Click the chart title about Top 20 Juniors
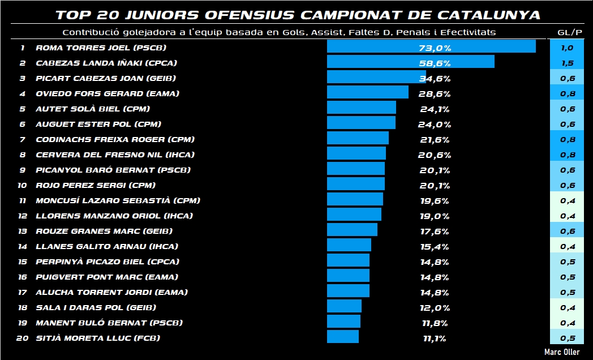(x=298, y=14)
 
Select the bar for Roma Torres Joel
(x=431, y=46)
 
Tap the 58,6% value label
(x=435, y=63)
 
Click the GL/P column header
(x=566, y=32)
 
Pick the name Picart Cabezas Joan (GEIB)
(x=105, y=79)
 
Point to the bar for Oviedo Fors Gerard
(x=367, y=92)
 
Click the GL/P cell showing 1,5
(x=567, y=63)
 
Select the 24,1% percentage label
(x=435, y=109)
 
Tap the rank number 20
(x=22, y=338)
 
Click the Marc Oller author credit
(x=562, y=352)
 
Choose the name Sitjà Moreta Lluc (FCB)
(x=97, y=338)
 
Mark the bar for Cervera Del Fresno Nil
(x=356, y=153)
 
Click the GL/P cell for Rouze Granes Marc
(x=567, y=231)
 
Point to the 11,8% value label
(x=435, y=323)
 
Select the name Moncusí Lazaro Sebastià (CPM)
(x=118, y=200)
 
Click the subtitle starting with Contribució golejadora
(x=279, y=32)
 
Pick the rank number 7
(x=22, y=140)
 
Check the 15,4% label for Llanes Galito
(x=435, y=247)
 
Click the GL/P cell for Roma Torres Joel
(x=567, y=48)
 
